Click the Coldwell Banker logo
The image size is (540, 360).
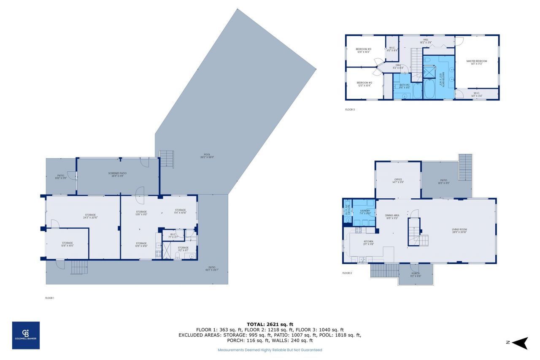(26, 335)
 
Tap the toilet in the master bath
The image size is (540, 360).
(427, 62)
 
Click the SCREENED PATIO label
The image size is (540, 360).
(118, 174)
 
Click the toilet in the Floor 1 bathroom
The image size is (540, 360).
(192, 256)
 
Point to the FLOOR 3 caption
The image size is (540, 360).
(350, 109)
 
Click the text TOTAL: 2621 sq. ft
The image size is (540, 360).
(270, 324)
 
